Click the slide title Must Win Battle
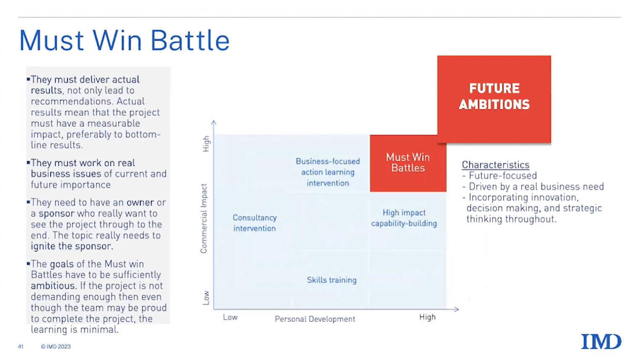coord(124,40)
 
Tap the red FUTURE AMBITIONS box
coord(494,99)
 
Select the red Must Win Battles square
coord(408,163)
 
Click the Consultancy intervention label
coord(255,223)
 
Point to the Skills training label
coord(332,280)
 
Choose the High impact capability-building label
coord(404,218)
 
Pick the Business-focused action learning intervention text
coord(327,172)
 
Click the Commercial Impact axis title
coord(204,218)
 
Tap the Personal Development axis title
coord(315,319)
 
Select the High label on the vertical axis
coord(206,144)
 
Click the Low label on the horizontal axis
coord(230,317)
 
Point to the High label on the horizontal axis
coord(427,317)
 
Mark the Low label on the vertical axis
coord(206,298)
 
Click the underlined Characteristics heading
coord(495,164)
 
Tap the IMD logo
coord(601,342)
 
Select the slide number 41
coord(21,347)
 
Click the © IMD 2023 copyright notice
coord(56,347)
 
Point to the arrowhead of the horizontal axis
coord(457,309)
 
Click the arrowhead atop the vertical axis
coord(213,123)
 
